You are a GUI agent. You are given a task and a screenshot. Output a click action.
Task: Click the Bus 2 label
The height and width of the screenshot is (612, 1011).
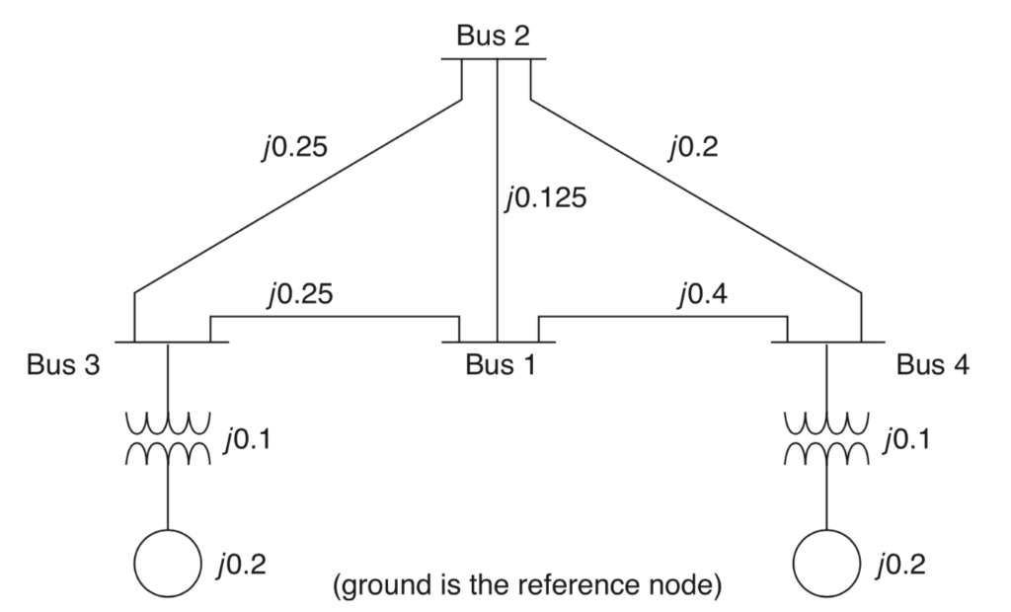[493, 36]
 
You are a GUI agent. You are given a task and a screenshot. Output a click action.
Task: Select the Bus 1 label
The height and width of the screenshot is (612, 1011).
[503, 365]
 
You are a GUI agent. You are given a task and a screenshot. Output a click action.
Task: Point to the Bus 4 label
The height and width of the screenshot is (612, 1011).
[933, 365]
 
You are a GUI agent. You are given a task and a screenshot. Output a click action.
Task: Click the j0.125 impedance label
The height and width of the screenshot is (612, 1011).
[544, 199]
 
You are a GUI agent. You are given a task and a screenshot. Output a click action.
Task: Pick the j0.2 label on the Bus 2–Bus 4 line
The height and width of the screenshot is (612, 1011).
[694, 148]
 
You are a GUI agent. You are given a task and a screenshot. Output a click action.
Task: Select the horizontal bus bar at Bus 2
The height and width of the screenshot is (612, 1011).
[493, 59]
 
